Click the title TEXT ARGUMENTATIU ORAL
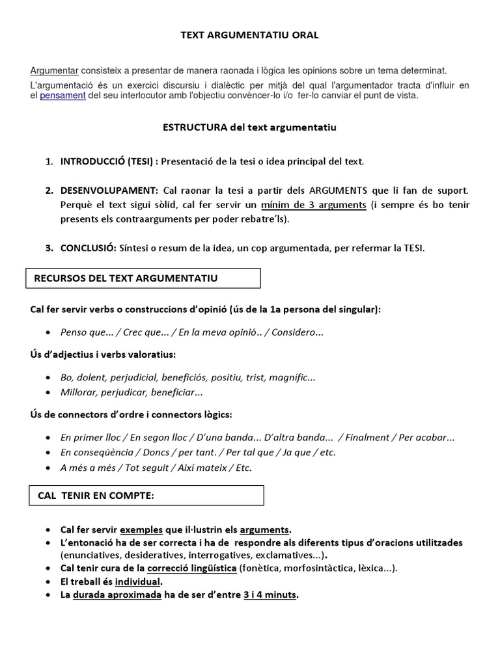click(249, 35)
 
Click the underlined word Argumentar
click(55, 70)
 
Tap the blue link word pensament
click(62, 96)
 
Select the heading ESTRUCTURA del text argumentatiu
click(249, 128)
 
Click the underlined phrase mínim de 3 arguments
click(314, 205)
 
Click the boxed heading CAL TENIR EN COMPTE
click(96, 496)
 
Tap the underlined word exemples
click(141, 529)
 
